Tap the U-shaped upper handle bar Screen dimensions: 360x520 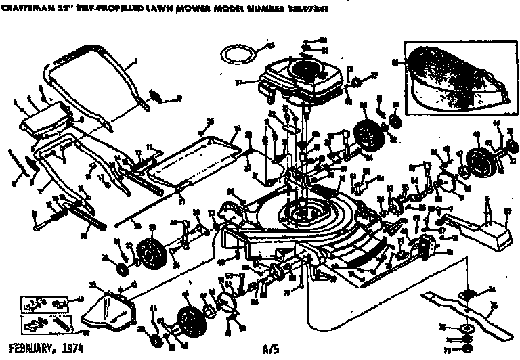(95, 81)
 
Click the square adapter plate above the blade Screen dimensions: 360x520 (465, 294)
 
